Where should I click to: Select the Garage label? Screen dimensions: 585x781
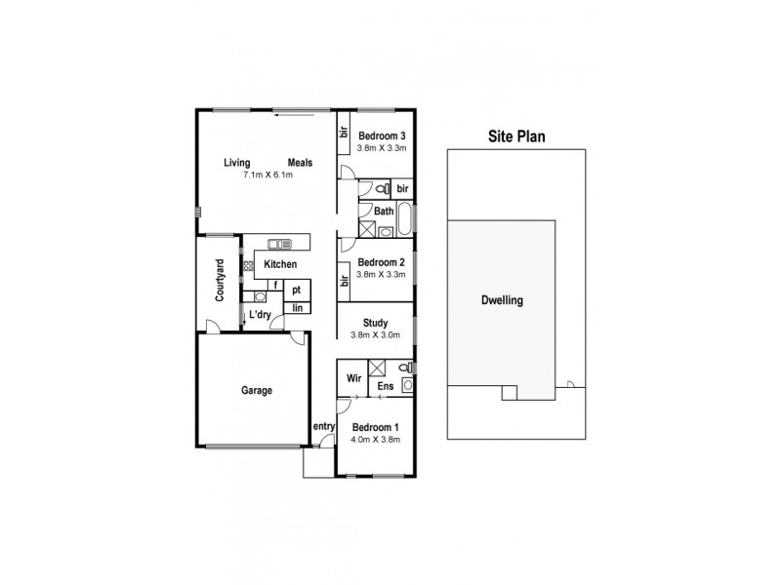pyautogui.click(x=257, y=391)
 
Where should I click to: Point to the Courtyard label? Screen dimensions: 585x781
pyautogui.click(x=220, y=279)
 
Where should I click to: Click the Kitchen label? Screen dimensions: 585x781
pyautogui.click(x=280, y=265)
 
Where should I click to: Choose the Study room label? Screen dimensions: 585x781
pyautogui.click(x=375, y=324)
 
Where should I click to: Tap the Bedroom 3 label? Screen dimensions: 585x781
pyautogui.click(x=381, y=136)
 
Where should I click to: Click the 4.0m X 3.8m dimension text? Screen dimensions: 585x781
pyautogui.click(x=376, y=440)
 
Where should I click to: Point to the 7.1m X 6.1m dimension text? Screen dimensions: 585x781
pyautogui.click(x=267, y=175)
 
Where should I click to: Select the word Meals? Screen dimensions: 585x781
pyautogui.click(x=301, y=163)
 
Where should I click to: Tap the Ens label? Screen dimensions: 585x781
pyautogui.click(x=386, y=387)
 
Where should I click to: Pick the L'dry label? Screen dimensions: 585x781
pyautogui.click(x=260, y=315)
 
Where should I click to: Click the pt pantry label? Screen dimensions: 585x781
pyautogui.click(x=296, y=291)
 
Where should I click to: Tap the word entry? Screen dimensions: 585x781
pyautogui.click(x=324, y=427)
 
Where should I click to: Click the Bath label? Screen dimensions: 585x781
pyautogui.click(x=384, y=211)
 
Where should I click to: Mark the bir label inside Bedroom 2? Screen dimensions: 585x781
pyautogui.click(x=344, y=280)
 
